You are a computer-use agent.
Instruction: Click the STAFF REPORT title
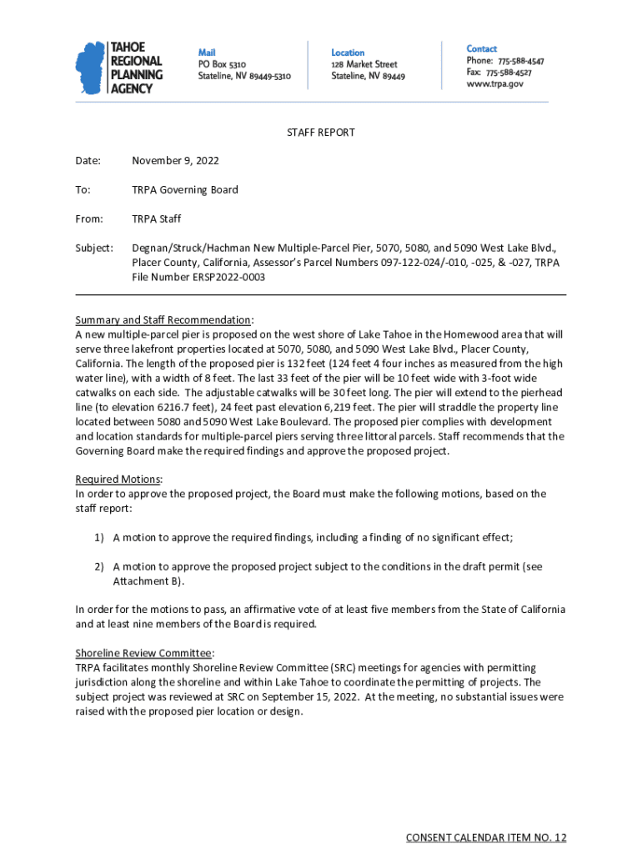(x=321, y=133)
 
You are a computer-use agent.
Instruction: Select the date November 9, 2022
(x=175, y=160)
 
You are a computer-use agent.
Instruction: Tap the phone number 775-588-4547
(x=521, y=61)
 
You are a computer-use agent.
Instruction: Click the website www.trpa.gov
(x=495, y=84)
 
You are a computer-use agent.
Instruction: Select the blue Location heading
(x=348, y=53)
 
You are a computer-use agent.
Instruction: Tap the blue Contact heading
(x=481, y=49)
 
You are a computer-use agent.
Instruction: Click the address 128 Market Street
(x=364, y=64)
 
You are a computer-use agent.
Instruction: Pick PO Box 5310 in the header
(x=222, y=64)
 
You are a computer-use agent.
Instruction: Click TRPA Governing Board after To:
(x=185, y=189)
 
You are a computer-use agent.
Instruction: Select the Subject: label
(x=94, y=248)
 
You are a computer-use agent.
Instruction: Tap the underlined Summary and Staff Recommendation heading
(x=163, y=320)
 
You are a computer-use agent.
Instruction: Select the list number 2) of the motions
(x=98, y=566)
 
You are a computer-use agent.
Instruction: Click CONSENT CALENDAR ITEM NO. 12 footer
(x=485, y=837)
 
